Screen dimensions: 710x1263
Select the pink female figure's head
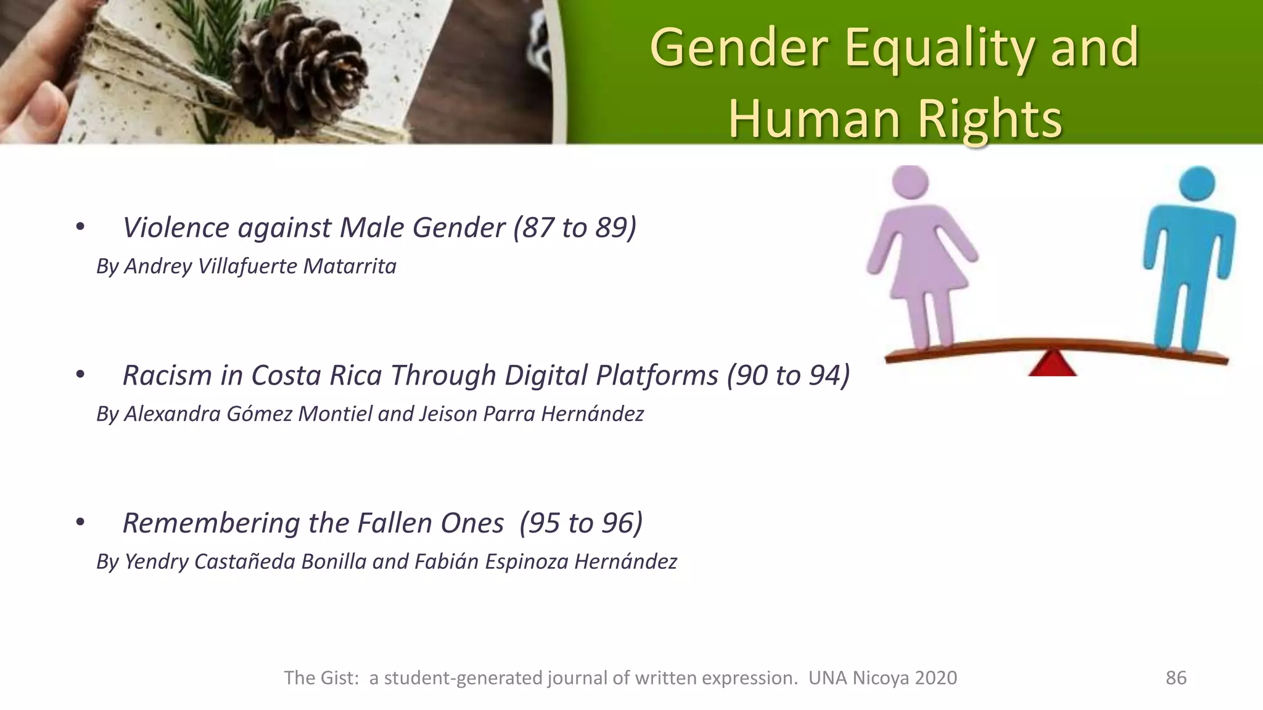(910, 184)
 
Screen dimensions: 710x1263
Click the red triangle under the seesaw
(1052, 364)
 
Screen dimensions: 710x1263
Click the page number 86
(1175, 678)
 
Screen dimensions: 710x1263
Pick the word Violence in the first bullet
(176, 227)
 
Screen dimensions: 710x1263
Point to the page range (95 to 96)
(581, 523)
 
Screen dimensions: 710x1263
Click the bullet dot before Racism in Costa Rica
(80, 374)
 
